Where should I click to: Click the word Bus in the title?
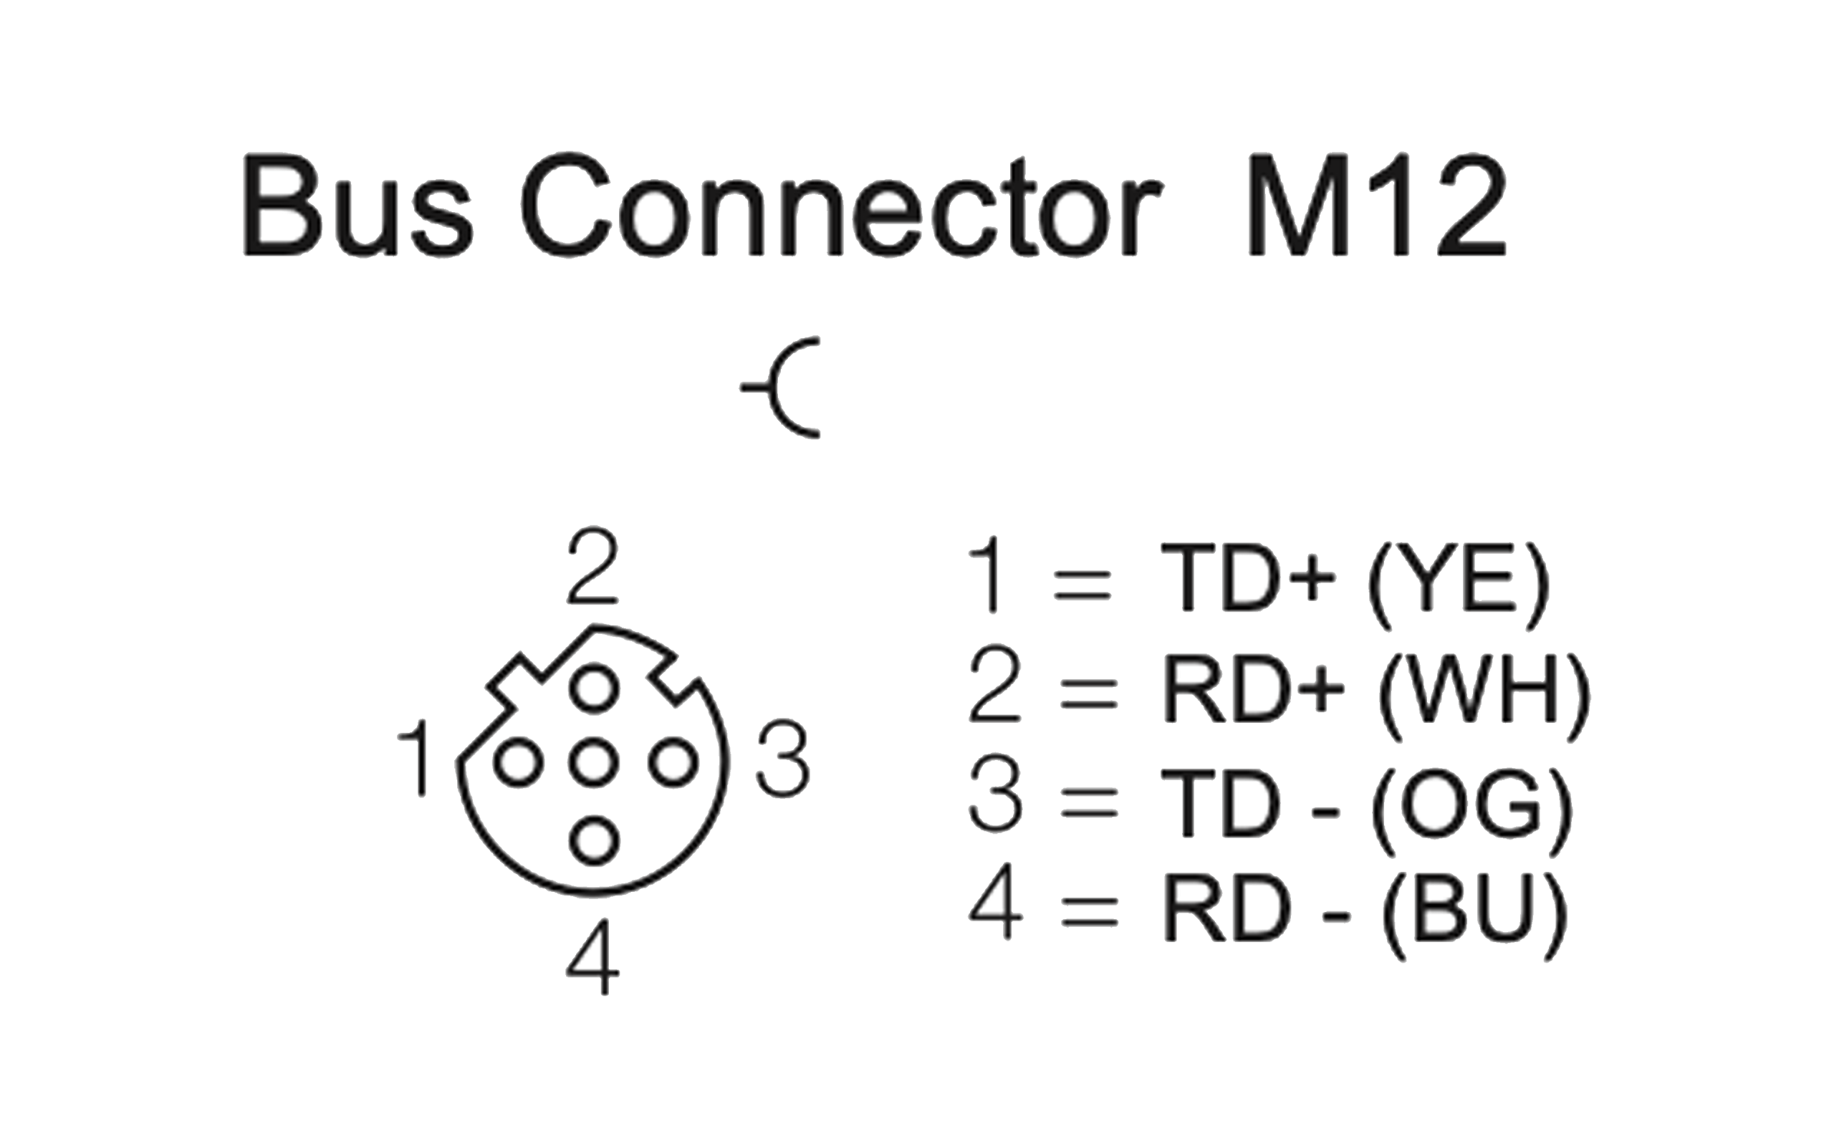pos(357,206)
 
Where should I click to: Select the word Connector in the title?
pos(841,206)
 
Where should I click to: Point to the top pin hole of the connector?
pos(594,688)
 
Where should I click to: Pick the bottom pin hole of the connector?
pos(594,840)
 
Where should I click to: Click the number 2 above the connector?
pos(592,567)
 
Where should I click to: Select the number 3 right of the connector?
pos(784,760)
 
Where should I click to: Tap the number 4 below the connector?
pos(593,957)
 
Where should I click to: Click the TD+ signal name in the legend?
pos(1248,579)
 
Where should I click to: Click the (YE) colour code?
pos(1457,584)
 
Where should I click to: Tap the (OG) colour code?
pos(1472,804)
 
